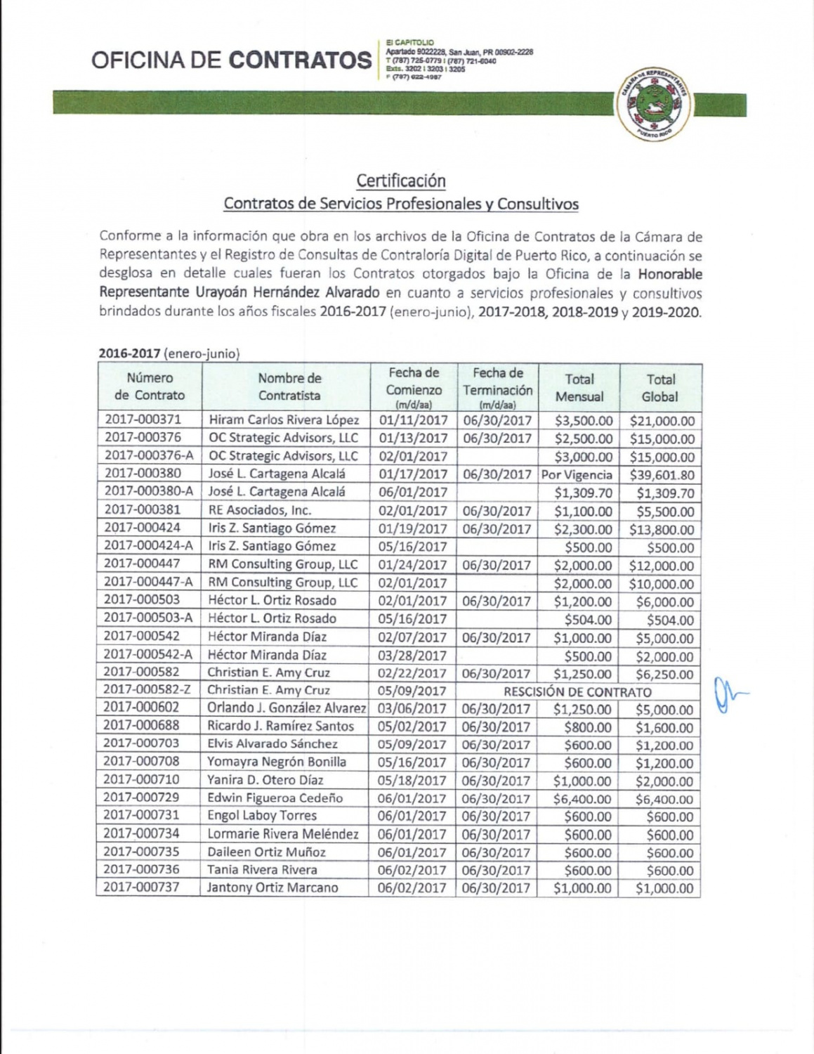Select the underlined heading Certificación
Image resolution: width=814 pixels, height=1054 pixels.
coord(400,181)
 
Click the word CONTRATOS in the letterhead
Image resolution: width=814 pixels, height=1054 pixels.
coord(301,60)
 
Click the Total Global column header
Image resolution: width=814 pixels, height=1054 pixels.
coord(660,388)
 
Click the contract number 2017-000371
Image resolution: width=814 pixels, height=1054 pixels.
coord(143,419)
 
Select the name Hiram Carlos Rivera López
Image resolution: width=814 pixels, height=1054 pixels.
coord(284,420)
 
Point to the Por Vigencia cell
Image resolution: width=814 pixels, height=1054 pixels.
coord(577,475)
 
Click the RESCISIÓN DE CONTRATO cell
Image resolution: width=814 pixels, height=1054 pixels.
coord(577,691)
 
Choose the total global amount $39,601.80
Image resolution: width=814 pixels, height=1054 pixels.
coord(662,475)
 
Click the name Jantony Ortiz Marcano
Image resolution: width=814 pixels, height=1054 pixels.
coord(273,887)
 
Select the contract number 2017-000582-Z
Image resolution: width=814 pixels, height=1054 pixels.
coord(148,690)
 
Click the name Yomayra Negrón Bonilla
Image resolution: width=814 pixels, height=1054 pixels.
coord(277,762)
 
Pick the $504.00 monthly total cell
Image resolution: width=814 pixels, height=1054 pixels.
coord(589,620)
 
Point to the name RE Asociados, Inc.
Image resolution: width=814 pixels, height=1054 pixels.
coord(260,510)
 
